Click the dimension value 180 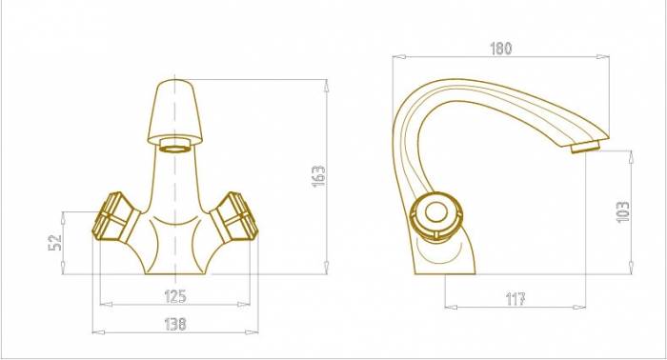(x=501, y=48)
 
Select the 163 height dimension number (x=318, y=176)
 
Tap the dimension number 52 (x=55, y=243)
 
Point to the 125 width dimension (x=175, y=296)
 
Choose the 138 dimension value (x=175, y=325)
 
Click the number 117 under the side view (x=515, y=299)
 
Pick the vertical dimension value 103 (x=623, y=211)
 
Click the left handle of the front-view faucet (x=115, y=218)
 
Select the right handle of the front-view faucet (x=234, y=218)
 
